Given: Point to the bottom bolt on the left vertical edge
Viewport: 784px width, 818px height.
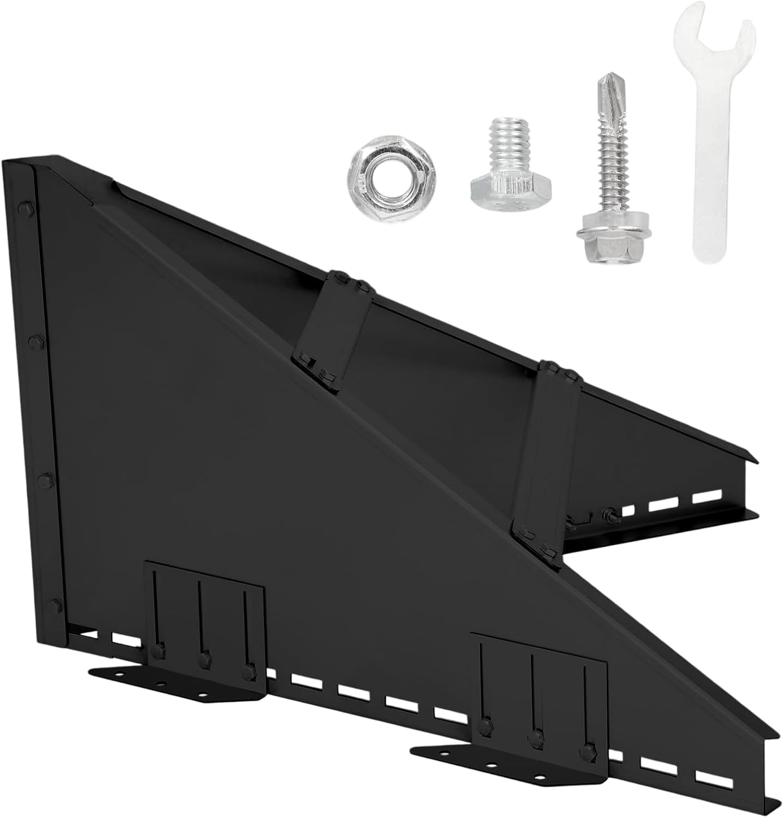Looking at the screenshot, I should pos(55,603).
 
